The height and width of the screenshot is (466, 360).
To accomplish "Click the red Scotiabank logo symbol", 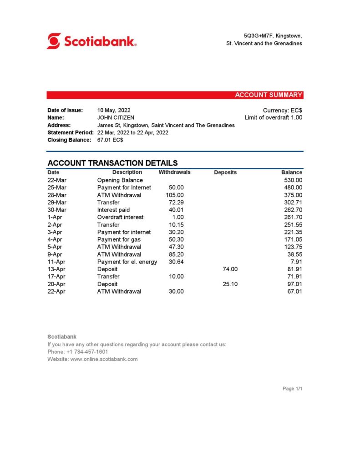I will point(54,41).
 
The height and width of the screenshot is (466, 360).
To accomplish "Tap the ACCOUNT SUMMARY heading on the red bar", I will point(269,95).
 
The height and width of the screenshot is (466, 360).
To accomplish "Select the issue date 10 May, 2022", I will point(114,110).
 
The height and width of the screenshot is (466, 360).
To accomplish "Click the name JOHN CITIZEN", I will point(116,117).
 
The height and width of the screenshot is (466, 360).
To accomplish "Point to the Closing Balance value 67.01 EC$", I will point(110,140).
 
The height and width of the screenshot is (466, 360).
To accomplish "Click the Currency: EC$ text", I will point(283,110).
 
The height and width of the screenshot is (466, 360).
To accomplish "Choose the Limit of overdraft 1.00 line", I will point(274,117).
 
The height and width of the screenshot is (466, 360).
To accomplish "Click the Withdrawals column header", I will point(174,172).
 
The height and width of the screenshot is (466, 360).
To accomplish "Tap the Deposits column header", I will point(225,172).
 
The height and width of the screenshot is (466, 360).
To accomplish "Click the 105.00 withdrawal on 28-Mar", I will point(175,195).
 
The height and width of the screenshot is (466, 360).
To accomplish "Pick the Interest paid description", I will point(113,210).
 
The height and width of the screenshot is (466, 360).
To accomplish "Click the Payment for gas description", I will point(119,239).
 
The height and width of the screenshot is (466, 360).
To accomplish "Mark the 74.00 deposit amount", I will point(230,269).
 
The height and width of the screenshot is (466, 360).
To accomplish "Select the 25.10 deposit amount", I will point(230,284).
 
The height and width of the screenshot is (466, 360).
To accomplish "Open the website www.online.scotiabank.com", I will point(104,359).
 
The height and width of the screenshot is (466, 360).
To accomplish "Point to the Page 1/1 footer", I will point(293,389).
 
